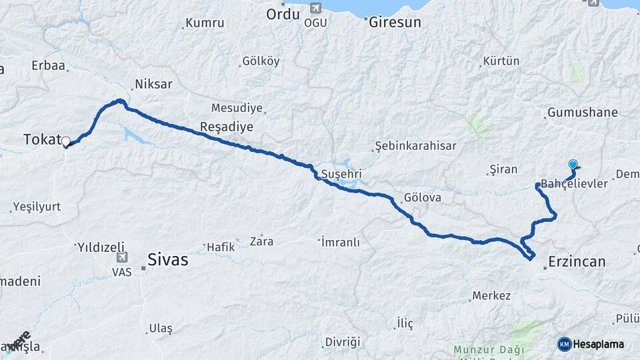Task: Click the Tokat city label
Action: [41, 139]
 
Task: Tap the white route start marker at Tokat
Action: [66, 141]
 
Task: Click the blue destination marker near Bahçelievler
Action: [573, 164]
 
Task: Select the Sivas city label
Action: [167, 259]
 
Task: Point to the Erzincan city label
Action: [577, 261]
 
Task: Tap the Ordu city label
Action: [283, 14]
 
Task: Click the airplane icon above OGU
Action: [315, 8]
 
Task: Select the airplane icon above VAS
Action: [121, 257]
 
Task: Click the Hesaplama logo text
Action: [598, 344]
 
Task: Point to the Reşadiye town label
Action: [227, 127]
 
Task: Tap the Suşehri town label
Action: [341, 174]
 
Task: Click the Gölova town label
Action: [423, 198]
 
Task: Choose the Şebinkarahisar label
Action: [415, 146]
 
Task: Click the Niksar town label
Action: [153, 84]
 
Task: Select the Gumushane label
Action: [582, 112]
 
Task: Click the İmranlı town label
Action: [341, 241]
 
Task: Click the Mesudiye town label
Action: [237, 108]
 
